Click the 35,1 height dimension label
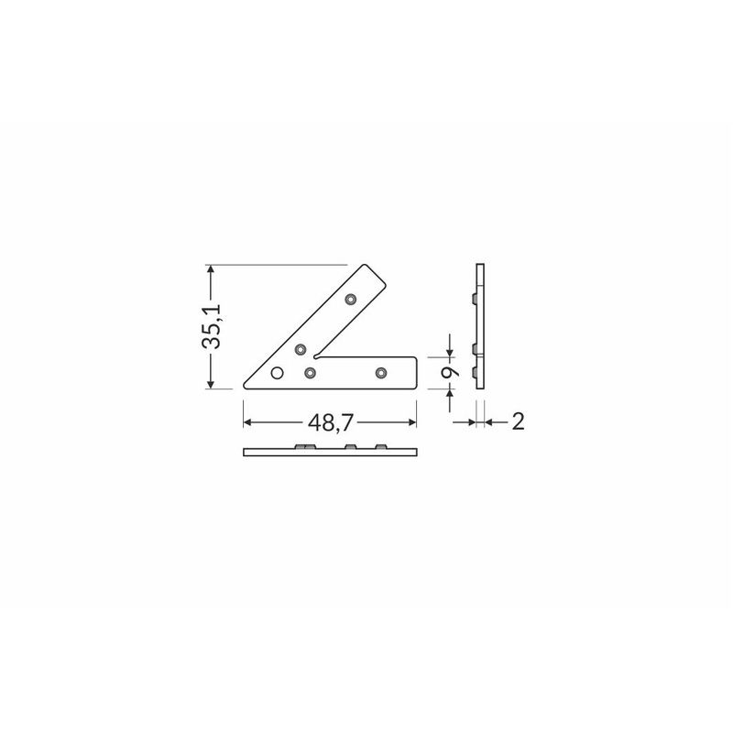point(212,327)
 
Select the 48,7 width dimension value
point(330,422)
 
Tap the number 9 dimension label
point(450,372)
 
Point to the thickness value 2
point(518,421)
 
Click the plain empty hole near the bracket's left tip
point(278,373)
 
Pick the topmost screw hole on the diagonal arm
point(351,299)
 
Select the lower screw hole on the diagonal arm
point(301,349)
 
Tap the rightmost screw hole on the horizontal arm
point(381,373)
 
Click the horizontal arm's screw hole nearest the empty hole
point(310,373)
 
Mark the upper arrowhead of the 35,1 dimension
point(211,268)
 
